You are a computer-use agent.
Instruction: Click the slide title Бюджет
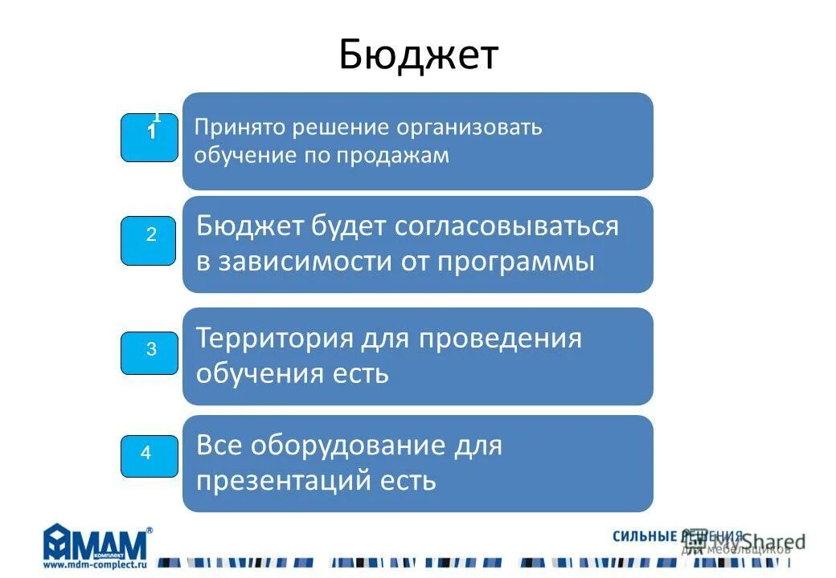click(x=418, y=55)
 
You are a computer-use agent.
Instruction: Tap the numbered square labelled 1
click(x=150, y=137)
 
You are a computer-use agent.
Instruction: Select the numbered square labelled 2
click(x=150, y=240)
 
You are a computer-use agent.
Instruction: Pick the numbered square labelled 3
click(x=150, y=352)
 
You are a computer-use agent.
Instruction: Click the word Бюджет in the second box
click(x=248, y=227)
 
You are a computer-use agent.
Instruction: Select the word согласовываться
click(x=507, y=227)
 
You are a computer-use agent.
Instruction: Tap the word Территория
click(x=275, y=338)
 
